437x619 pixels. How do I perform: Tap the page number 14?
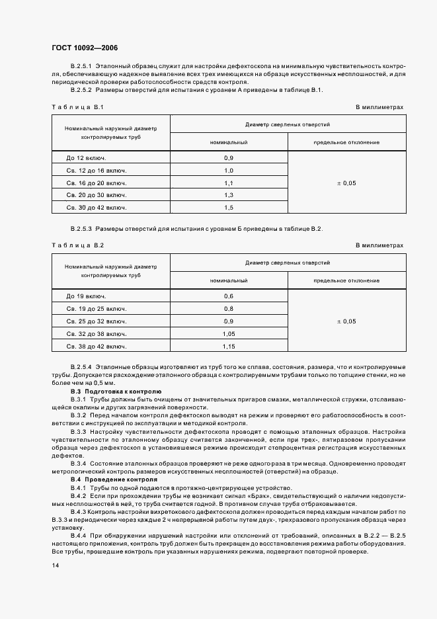(55, 565)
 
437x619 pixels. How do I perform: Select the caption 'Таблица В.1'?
(77, 106)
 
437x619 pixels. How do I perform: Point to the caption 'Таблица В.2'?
(77, 245)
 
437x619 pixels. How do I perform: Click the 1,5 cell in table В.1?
(229, 208)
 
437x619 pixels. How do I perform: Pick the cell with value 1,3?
(229, 195)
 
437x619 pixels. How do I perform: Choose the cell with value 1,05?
(229, 333)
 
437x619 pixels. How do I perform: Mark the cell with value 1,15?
(229, 346)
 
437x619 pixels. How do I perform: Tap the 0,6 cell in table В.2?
(229, 296)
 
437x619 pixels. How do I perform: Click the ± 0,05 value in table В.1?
(346, 183)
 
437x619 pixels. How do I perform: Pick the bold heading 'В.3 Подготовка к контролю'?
(111, 391)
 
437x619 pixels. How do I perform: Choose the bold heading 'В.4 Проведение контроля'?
(110, 479)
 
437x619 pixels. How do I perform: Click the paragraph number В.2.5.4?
(81, 366)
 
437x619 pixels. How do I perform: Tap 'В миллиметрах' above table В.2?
(379, 245)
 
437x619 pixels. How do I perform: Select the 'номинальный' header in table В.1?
(229, 142)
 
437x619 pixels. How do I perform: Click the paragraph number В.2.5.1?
(81, 67)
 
